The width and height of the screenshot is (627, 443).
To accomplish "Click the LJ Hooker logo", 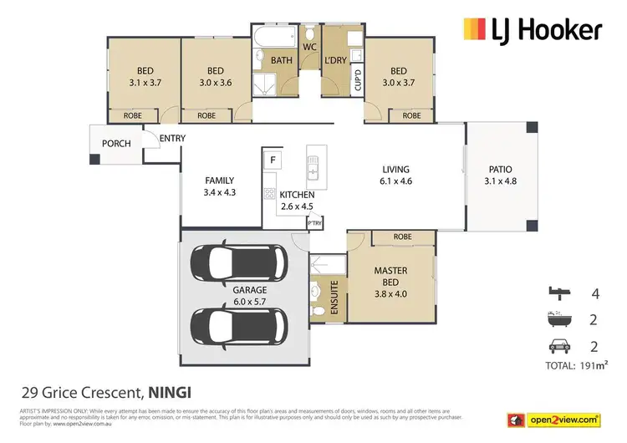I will coord(532,30).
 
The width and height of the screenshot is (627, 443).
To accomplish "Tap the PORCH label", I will coord(116,144).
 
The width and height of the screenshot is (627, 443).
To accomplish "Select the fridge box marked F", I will coord(273,159).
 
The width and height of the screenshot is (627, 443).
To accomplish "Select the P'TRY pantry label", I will coord(314,223).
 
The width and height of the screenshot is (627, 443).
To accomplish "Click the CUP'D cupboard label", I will coord(358,81).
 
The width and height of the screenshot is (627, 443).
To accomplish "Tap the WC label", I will coord(308,47).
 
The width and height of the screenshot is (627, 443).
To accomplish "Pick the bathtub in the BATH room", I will coord(274,38).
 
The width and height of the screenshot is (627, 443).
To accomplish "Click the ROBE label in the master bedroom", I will coord(403,237).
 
